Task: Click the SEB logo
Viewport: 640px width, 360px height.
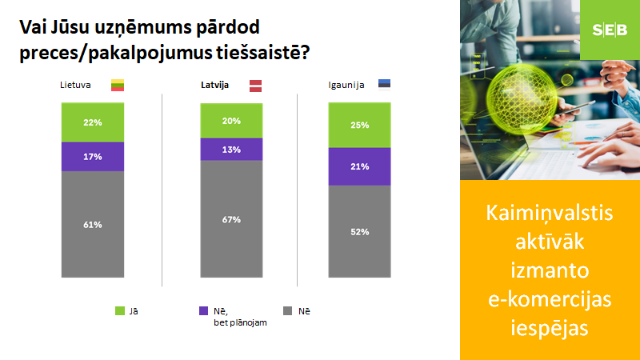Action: click(610, 30)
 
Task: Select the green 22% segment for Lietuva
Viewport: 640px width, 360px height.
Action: click(93, 122)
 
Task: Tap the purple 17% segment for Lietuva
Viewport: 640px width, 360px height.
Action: click(93, 157)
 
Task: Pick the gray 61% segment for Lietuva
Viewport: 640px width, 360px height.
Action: click(93, 225)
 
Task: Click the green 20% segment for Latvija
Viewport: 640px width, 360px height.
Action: click(231, 121)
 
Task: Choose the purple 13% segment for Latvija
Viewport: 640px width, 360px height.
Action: click(231, 150)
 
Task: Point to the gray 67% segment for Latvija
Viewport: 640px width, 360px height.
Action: click(231, 219)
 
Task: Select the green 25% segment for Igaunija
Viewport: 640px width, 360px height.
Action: click(359, 126)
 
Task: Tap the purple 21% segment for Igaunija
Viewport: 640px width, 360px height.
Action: click(359, 166)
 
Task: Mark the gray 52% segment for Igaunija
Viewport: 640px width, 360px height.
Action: click(359, 232)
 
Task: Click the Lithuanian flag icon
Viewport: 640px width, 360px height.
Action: click(118, 86)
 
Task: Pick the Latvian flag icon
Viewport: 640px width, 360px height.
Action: click(255, 86)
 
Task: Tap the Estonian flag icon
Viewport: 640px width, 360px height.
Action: click(384, 84)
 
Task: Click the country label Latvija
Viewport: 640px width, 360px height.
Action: click(214, 85)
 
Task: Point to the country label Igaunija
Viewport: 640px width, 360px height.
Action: click(346, 86)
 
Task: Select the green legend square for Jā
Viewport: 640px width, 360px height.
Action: click(119, 311)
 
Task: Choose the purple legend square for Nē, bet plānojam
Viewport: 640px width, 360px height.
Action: click(203, 311)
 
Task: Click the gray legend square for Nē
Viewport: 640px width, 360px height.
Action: click(287, 311)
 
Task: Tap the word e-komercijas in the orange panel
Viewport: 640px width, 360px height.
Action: click(550, 299)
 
